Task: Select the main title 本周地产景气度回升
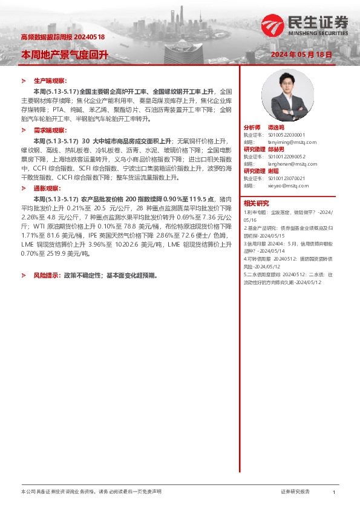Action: pyautogui.click(x=65, y=54)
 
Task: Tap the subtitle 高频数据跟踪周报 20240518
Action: pyautogui.click(x=63, y=37)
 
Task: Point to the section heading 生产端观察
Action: pyautogui.click(x=50, y=80)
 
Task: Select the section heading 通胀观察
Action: pyautogui.click(x=47, y=189)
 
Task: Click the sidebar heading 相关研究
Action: pyautogui.click(x=257, y=203)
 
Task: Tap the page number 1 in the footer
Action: pyautogui.click(x=334, y=493)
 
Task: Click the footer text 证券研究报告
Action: pyautogui.click(x=295, y=493)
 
